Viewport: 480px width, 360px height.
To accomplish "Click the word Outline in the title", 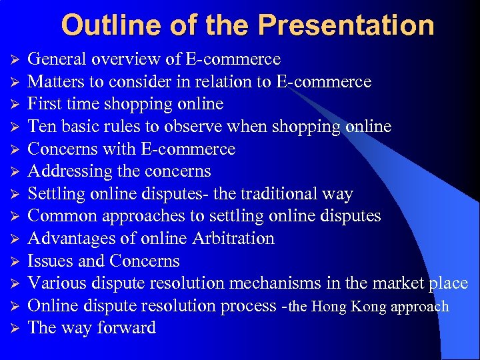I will click(x=101, y=25).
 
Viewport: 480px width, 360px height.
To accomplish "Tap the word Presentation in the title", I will click(x=346, y=25).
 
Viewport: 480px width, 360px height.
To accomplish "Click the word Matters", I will click(x=59, y=82).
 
